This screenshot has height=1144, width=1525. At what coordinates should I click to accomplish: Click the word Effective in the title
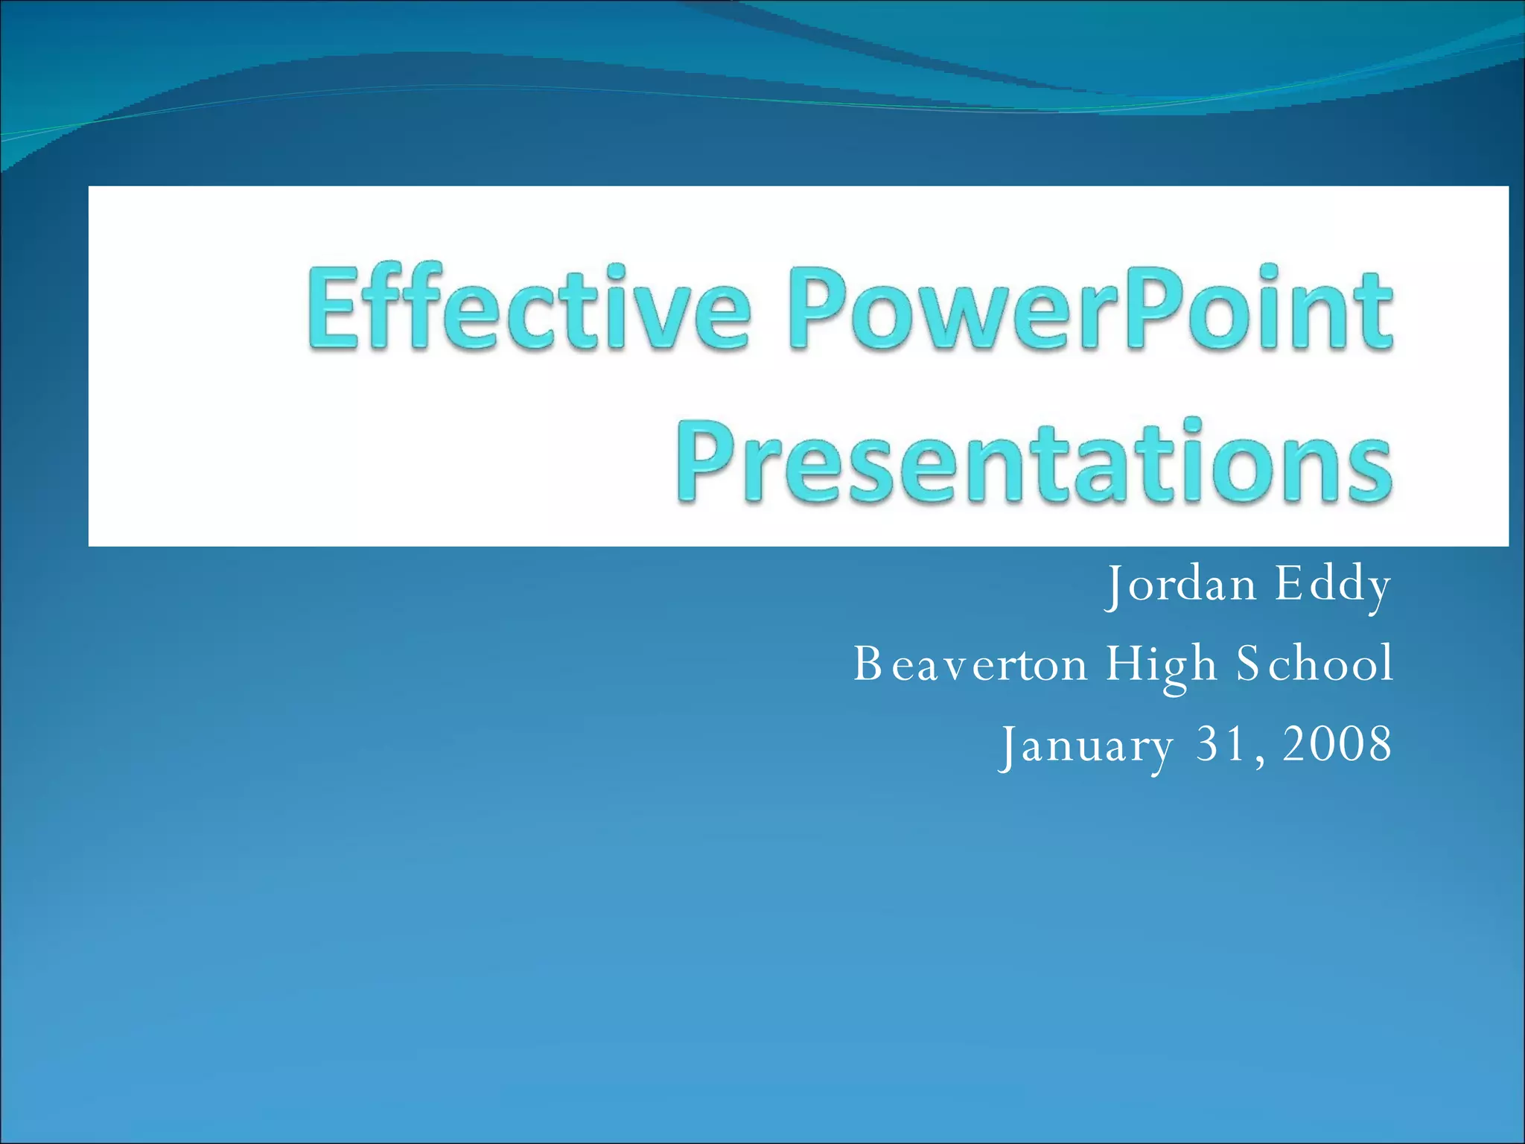click(x=527, y=309)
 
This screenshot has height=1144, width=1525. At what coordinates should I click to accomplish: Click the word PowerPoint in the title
click(x=1089, y=309)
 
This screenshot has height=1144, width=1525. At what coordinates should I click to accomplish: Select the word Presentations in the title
click(x=1034, y=462)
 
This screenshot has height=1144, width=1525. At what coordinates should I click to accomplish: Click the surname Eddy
click(x=1332, y=585)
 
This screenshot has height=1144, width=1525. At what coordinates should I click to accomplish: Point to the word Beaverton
click(x=970, y=664)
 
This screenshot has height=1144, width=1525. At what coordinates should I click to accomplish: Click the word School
click(x=1314, y=664)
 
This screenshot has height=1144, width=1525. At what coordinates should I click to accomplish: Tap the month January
click(x=1086, y=745)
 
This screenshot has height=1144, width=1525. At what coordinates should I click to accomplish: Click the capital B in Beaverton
click(x=867, y=664)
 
